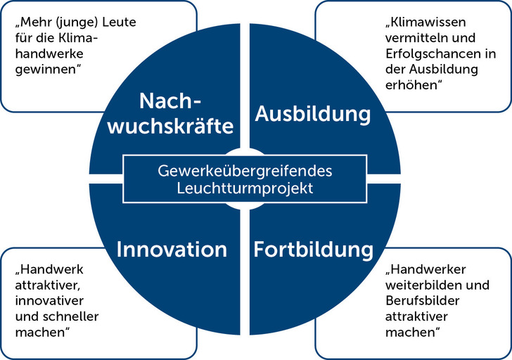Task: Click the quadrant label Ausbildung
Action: (x=313, y=114)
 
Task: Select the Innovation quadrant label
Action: (x=172, y=249)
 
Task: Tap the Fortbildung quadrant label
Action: (x=314, y=249)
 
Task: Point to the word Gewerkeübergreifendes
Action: (x=245, y=171)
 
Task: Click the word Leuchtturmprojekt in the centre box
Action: (x=245, y=188)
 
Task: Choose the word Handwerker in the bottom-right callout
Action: (x=429, y=269)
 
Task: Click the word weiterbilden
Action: (x=423, y=285)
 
